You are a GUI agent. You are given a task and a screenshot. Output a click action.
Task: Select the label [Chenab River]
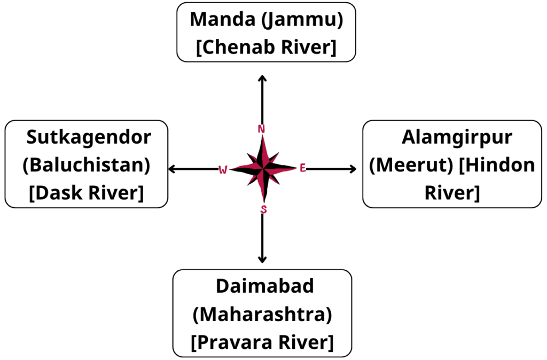click(266, 47)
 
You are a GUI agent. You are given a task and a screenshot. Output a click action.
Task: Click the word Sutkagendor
click(89, 137)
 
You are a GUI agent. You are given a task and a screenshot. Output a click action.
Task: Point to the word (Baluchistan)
click(86, 165)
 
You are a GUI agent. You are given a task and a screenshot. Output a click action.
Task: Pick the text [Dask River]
click(86, 193)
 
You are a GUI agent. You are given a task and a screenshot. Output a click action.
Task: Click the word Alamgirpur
click(457, 137)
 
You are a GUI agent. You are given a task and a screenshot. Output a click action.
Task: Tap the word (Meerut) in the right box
click(411, 165)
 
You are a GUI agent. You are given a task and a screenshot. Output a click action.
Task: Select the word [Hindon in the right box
click(497, 165)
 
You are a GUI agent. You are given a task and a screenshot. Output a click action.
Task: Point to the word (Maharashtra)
click(262, 315)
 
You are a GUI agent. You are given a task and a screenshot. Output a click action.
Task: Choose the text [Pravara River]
click(262, 342)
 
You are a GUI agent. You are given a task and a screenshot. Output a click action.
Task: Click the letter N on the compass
click(262, 129)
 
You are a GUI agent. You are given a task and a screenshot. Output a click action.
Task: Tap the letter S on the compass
click(263, 209)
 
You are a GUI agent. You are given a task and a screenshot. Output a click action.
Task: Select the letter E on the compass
click(302, 169)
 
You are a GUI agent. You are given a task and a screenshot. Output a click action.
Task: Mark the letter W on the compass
click(223, 169)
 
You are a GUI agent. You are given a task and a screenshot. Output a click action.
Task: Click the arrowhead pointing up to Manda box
click(262, 78)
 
